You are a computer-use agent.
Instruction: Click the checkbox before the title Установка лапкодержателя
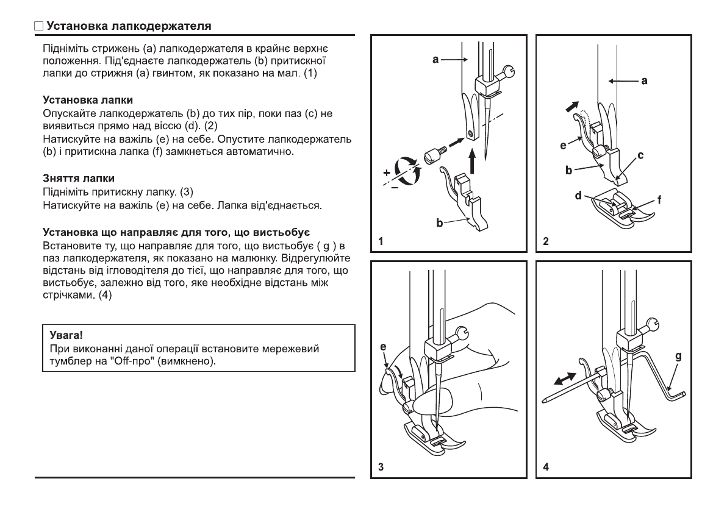point(38,27)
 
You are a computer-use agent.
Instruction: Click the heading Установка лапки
point(88,99)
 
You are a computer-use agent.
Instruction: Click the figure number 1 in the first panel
point(381,241)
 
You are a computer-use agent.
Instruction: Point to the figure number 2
point(546,241)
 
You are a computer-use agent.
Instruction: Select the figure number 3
point(381,468)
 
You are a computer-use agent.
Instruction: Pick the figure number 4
point(546,468)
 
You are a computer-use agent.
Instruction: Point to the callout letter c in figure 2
point(641,156)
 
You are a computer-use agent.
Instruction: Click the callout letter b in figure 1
point(439,224)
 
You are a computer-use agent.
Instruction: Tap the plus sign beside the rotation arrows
point(387,172)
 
